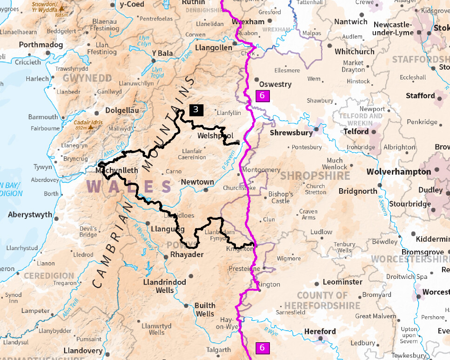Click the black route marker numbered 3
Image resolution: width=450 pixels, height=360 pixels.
click(x=196, y=110)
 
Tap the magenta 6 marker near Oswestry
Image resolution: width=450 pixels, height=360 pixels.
click(x=262, y=96)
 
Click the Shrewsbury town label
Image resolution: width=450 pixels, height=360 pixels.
click(x=291, y=133)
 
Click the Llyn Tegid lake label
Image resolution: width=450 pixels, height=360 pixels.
click(x=158, y=72)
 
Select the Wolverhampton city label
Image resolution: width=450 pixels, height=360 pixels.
click(x=398, y=172)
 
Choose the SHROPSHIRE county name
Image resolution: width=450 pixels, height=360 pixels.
click(x=315, y=176)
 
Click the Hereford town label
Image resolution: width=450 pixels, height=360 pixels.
click(x=320, y=332)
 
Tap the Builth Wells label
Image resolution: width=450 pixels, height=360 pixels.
click(x=205, y=310)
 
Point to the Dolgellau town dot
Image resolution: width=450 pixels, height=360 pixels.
click(x=97, y=113)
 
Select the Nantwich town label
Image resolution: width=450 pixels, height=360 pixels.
click(x=350, y=22)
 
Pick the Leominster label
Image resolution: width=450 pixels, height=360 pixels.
click(x=343, y=282)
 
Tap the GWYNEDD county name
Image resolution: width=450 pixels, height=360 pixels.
click(x=87, y=78)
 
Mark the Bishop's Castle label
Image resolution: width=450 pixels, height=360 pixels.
click(x=281, y=197)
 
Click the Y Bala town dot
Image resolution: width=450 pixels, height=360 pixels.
click(x=154, y=60)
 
